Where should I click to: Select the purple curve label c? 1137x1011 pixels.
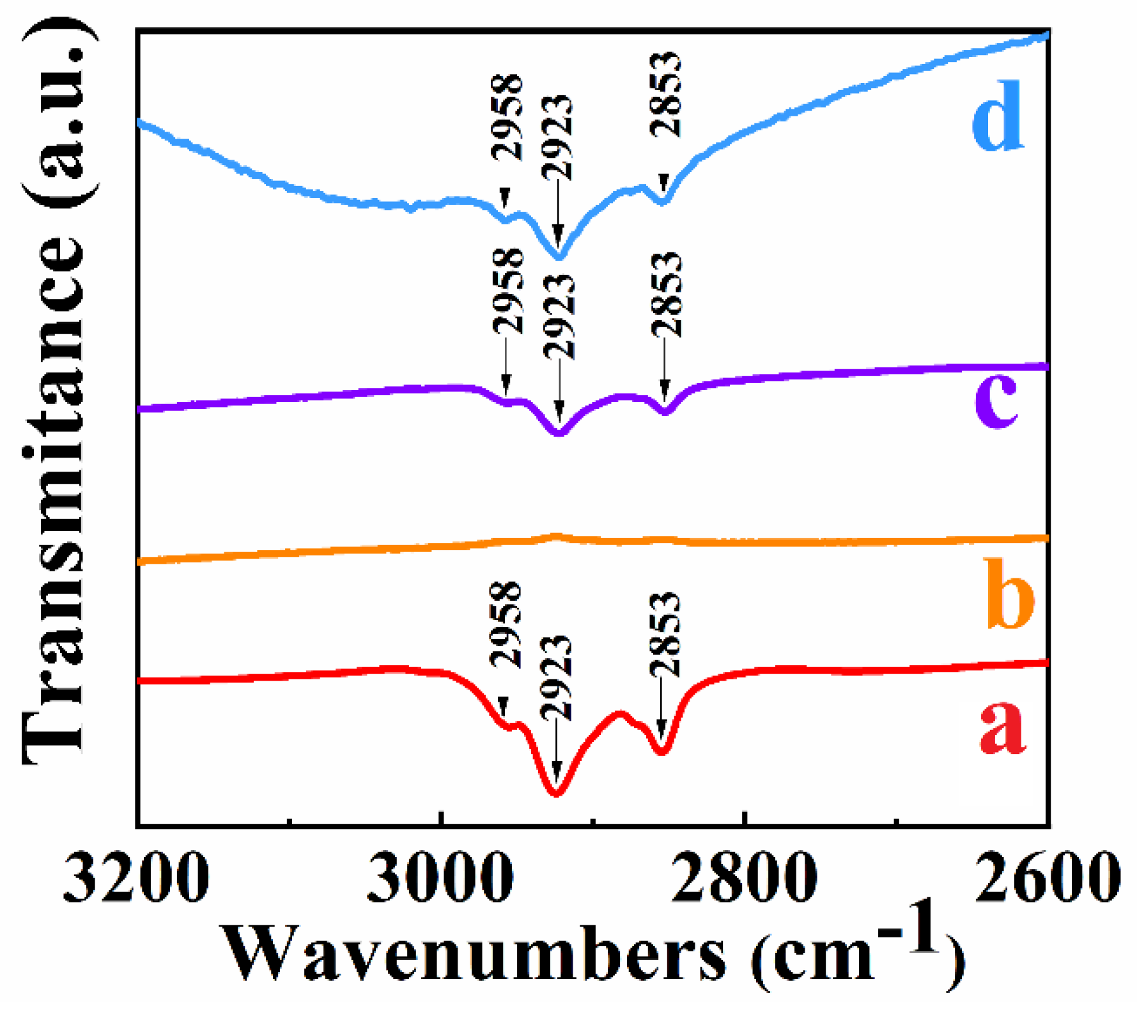coord(996,401)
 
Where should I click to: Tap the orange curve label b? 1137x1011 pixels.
coord(1010,593)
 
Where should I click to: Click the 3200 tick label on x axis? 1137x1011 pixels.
coord(136,878)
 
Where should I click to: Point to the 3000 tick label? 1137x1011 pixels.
coord(440,878)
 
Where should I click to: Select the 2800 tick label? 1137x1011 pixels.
coord(745,878)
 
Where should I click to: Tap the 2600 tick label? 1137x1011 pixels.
coord(1047,878)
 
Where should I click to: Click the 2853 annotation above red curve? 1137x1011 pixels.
coord(665,635)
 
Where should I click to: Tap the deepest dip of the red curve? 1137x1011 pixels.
coord(555,793)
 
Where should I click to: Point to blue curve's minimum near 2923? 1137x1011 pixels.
coord(559,257)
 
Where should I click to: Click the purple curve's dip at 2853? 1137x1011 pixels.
coord(665,412)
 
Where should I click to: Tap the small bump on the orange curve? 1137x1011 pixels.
coord(556,536)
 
